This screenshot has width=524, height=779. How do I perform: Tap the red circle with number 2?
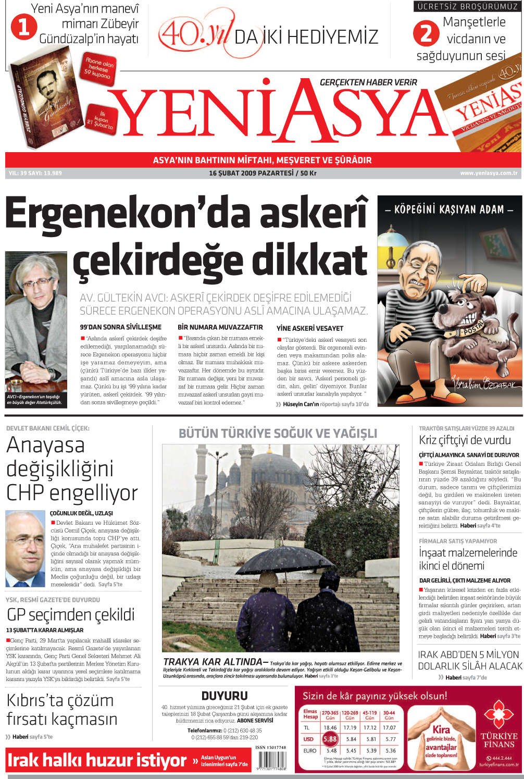[x=426, y=33]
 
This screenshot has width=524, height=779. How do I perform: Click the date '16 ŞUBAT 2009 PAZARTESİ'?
[x=251, y=173]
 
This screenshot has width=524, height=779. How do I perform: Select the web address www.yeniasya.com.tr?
[x=489, y=173]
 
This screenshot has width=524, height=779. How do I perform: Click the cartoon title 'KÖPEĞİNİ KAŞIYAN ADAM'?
[x=449, y=209]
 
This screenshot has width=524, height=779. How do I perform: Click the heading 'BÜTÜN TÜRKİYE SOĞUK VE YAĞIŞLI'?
[x=278, y=434]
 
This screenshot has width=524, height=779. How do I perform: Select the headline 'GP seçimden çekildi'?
[x=71, y=614]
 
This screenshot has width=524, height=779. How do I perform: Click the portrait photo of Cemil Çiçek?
[x=25, y=549]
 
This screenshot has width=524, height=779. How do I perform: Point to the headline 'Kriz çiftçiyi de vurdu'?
[x=465, y=440]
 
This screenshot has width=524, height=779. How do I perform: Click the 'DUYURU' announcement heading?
[x=224, y=696]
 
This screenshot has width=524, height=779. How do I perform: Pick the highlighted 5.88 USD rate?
[x=330, y=739]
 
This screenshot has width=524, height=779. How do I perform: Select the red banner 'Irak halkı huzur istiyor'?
[x=97, y=761]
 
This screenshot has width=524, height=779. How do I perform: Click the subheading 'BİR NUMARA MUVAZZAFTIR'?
[x=220, y=327]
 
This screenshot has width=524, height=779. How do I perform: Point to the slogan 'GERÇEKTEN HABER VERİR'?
[x=368, y=82]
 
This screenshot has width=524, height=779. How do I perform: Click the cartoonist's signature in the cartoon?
[x=484, y=385]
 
